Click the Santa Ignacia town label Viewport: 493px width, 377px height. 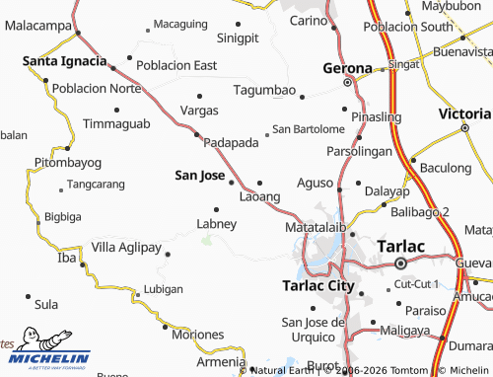65,61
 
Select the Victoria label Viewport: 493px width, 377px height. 464,113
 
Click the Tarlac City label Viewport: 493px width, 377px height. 317,285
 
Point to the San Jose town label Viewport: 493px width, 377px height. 198,175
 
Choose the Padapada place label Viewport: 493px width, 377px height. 231,142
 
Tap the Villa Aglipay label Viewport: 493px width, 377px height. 125,246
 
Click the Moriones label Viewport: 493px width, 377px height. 199,335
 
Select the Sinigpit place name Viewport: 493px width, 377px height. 238,38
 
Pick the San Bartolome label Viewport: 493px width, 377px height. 309,129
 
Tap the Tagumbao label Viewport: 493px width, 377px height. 264,91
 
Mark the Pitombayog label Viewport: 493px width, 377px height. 68,161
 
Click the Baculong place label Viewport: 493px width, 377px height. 446,168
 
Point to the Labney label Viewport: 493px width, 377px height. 217,224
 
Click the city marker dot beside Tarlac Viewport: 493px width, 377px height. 400,264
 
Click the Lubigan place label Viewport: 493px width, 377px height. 164,289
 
